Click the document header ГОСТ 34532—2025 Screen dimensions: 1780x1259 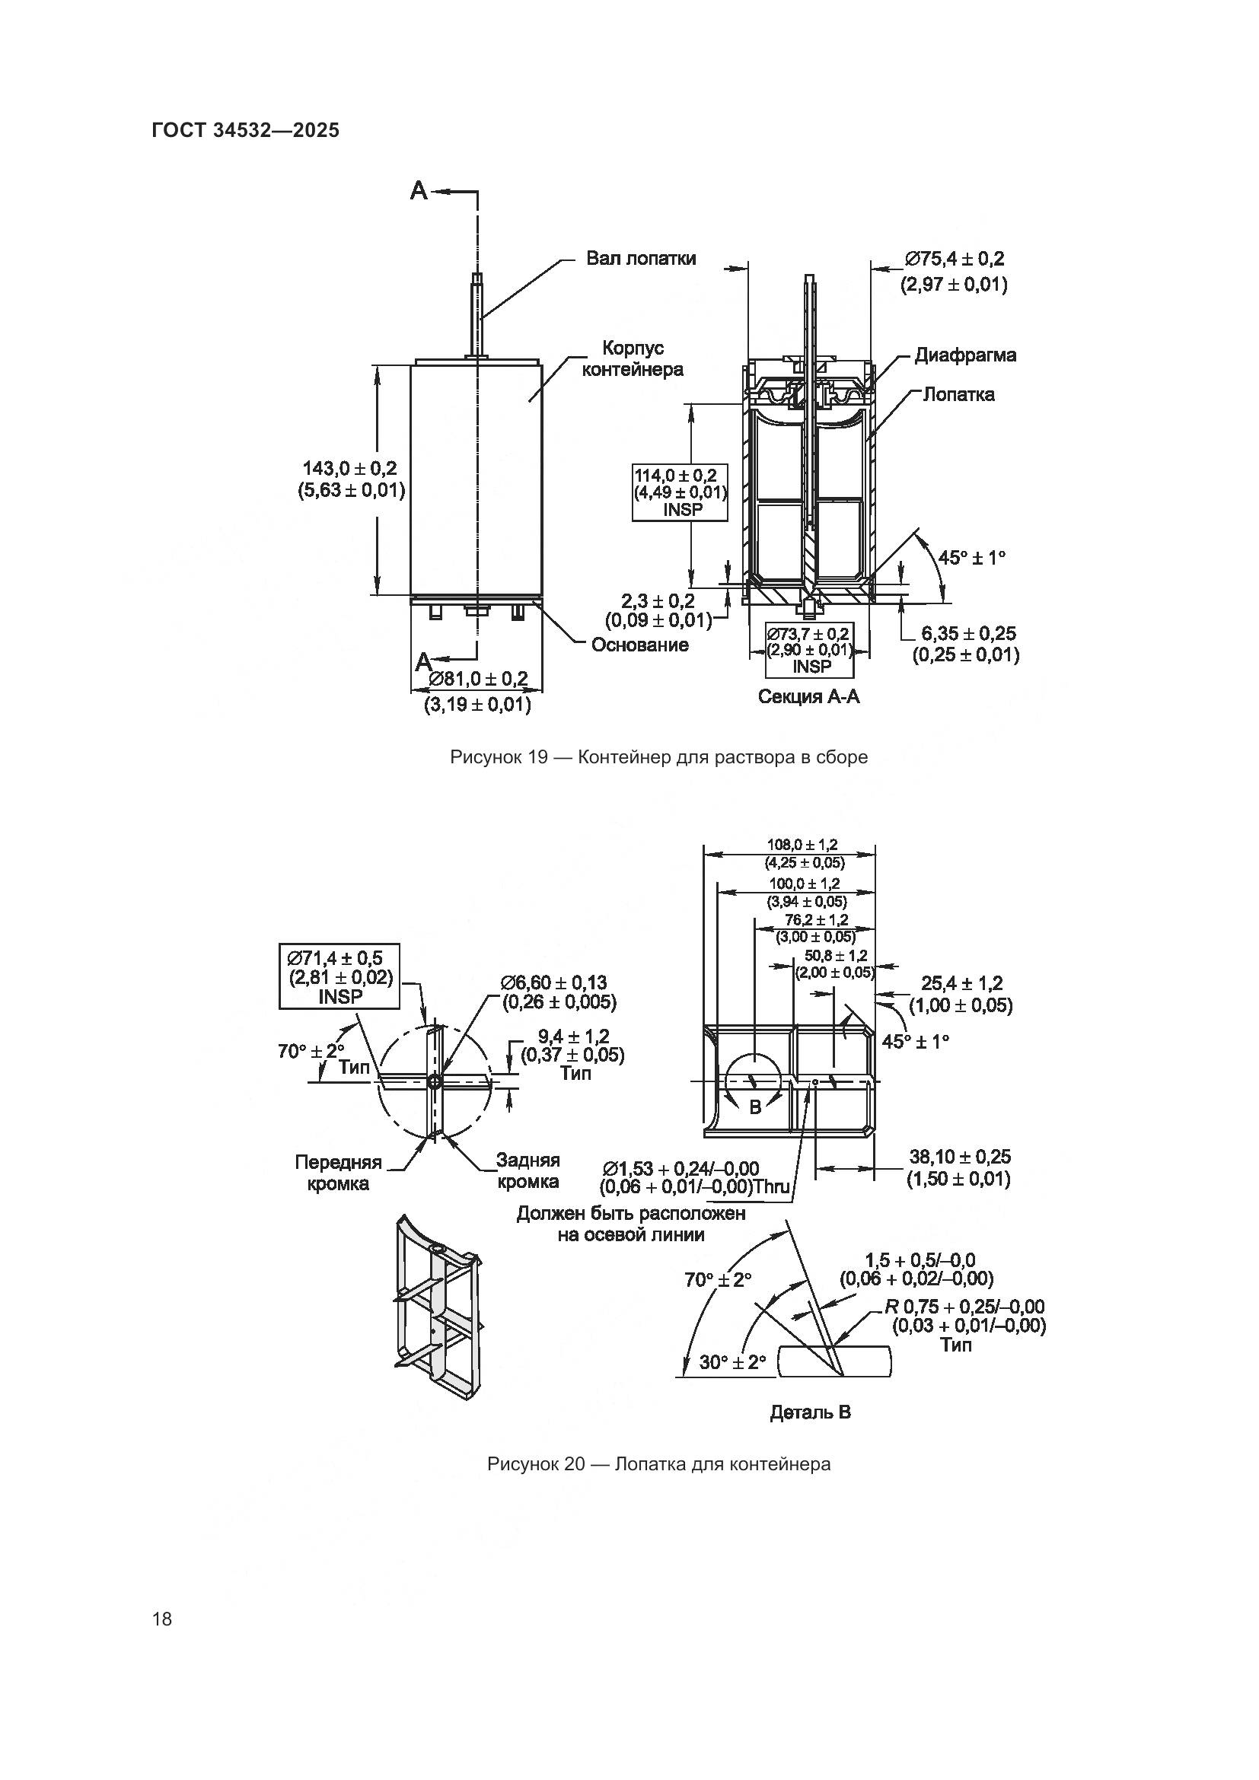(x=246, y=130)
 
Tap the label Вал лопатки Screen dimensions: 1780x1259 (x=640, y=258)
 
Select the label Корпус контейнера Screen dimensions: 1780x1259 (x=633, y=358)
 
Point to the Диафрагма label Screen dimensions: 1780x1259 (x=965, y=355)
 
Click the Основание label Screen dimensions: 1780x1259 (x=639, y=645)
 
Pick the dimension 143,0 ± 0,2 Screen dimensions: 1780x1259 (x=349, y=468)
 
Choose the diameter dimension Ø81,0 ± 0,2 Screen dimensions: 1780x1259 (x=477, y=679)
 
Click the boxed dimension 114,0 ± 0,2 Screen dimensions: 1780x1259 (x=680, y=475)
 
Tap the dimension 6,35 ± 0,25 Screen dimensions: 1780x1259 (x=968, y=633)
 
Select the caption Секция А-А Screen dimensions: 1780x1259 (x=808, y=696)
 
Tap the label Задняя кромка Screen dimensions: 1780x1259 (x=528, y=1170)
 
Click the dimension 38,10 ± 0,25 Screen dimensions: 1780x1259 (x=960, y=1157)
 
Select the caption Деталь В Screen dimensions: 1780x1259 (x=810, y=1412)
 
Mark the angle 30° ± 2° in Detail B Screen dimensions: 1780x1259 (x=731, y=1362)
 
